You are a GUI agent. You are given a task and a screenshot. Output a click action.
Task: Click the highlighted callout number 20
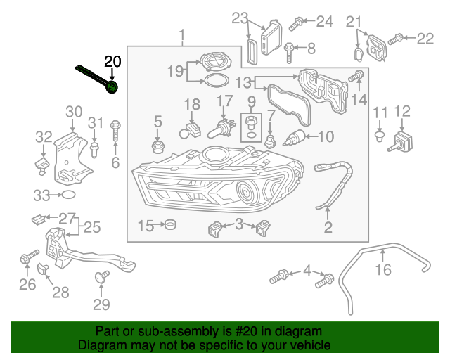pos(112,62)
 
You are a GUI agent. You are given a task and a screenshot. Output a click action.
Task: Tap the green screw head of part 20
pos(112,86)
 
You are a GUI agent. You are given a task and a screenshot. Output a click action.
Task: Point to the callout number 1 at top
pos(182,35)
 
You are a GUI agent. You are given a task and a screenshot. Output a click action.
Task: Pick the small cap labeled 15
pos(169,225)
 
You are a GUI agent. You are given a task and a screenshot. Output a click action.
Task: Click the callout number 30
pos(74,111)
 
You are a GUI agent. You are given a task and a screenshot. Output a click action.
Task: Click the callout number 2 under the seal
pos(328,227)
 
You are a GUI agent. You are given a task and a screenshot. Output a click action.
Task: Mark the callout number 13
pos(243,83)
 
